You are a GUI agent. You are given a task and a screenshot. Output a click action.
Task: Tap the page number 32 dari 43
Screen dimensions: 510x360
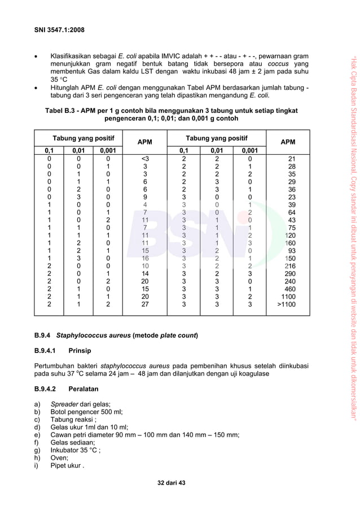(171, 483)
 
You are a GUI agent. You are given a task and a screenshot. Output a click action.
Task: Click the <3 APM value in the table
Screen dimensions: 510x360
(145, 159)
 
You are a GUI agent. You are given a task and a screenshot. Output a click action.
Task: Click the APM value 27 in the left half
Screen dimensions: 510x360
(145, 304)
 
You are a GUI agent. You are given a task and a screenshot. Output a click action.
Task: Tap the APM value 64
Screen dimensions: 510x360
(292, 212)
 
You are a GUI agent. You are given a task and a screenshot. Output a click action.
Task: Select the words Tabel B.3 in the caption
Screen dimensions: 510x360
(63, 111)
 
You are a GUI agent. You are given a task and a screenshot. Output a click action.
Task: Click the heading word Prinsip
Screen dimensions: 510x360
(80, 351)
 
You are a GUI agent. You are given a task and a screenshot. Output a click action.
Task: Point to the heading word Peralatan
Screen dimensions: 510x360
(84, 389)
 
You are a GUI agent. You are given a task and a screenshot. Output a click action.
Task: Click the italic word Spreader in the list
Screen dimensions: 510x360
(64, 404)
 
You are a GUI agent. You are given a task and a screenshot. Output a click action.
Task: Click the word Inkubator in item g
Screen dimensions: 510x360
(67, 450)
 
